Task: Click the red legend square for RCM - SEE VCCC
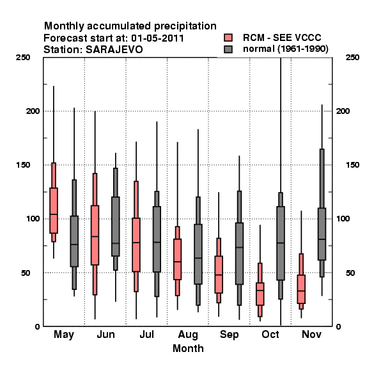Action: tap(228, 38)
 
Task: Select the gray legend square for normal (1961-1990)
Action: tap(228, 49)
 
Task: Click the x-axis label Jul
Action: tap(147, 335)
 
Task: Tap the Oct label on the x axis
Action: tap(270, 335)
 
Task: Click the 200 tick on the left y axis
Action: tap(33, 111)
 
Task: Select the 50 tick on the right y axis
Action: tap(350, 273)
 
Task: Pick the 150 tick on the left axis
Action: tap(23, 165)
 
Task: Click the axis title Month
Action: tap(188, 349)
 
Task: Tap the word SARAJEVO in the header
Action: tap(114, 50)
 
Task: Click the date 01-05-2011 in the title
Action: tap(157, 38)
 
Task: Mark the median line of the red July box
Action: tap(136, 243)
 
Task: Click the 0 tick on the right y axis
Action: tap(339, 326)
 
